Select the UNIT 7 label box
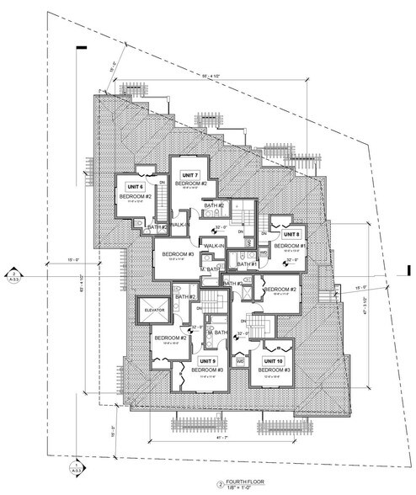[x=190, y=174]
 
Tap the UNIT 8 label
[x=292, y=236]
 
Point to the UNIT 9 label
[x=206, y=360]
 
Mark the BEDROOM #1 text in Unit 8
[x=291, y=245]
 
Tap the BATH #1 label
[x=247, y=265]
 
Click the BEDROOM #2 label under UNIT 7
[x=191, y=183]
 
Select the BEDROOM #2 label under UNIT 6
[x=135, y=196]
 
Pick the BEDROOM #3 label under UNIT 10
[x=275, y=370]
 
